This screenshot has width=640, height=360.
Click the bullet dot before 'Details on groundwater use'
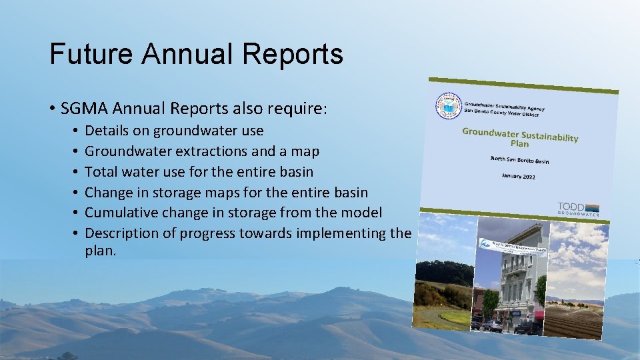(x=77, y=131)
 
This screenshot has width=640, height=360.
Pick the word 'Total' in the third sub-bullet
(x=102, y=172)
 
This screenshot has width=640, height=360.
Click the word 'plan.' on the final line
(x=101, y=251)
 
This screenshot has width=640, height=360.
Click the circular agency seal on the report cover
(x=448, y=106)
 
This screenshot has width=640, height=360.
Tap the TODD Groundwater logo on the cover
(x=578, y=209)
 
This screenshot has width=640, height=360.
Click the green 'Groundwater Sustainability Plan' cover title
(x=520, y=137)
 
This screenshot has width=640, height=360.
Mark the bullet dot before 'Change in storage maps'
(x=77, y=193)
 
